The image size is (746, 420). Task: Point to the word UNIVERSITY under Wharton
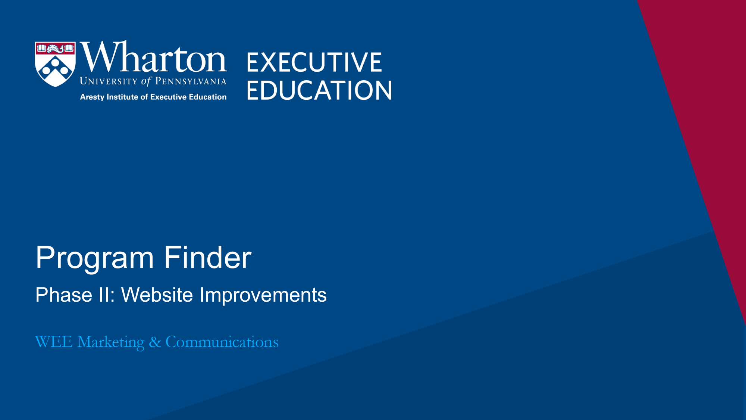[x=109, y=81]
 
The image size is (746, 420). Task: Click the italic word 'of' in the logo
[x=146, y=81]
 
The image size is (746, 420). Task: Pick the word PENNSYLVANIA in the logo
[x=191, y=81]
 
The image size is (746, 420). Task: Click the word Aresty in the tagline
[x=92, y=97]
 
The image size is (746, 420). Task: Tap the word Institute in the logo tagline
[x=122, y=97]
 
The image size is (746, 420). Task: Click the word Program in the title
[x=95, y=258]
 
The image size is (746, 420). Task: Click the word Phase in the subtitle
[x=64, y=295]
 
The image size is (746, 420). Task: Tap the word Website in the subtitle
[x=157, y=295]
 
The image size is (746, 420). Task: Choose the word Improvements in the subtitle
[x=263, y=296]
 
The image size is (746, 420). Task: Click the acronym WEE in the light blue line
[x=54, y=342]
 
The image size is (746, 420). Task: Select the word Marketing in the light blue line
[x=111, y=342]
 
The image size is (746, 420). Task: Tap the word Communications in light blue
[x=222, y=342]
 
